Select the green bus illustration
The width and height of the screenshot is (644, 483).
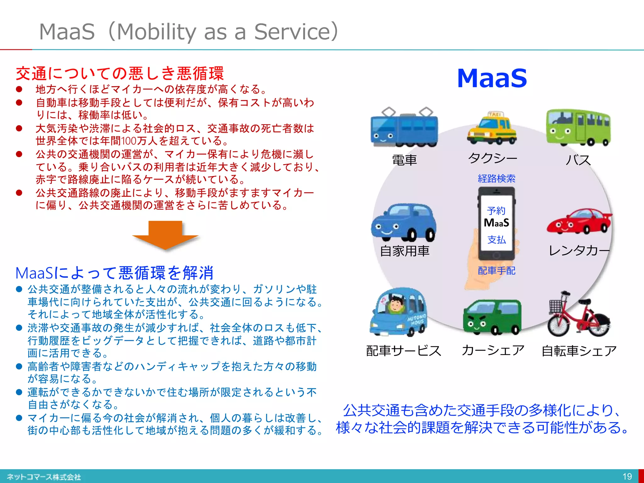coord(578,128)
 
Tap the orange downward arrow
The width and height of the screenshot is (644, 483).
coord(165,234)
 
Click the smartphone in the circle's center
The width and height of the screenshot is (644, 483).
coord(496,223)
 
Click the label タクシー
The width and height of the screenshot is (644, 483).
coord(492,158)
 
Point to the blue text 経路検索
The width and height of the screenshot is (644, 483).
coord(496,179)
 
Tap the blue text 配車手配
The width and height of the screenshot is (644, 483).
coord(496,270)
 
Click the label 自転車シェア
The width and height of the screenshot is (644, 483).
coord(579,351)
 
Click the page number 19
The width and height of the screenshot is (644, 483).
coord(627,476)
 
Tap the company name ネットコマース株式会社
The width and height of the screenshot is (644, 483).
coord(44,477)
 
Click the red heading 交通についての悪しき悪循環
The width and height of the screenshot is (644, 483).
coord(120,74)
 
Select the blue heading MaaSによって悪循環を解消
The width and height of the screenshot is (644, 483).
coord(115,273)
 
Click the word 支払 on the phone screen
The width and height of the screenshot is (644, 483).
coord(496,240)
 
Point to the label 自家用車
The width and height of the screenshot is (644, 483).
coord(404,251)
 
